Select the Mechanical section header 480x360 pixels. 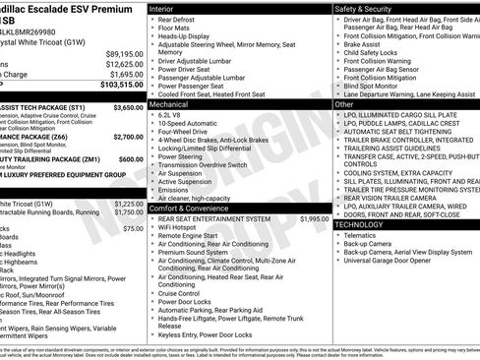coord(172,102)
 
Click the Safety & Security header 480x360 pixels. coord(366,8)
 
